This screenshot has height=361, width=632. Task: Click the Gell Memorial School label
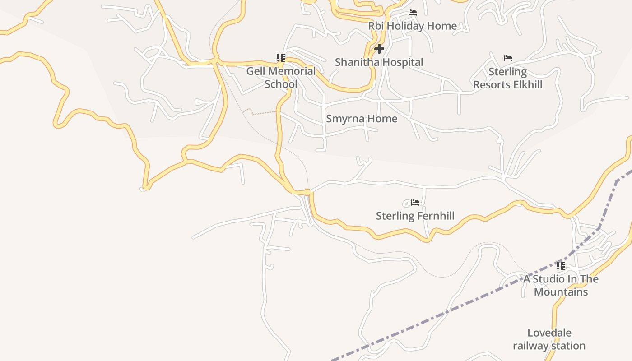281,78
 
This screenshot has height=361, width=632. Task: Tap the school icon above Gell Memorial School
281,58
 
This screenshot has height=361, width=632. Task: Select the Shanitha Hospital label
379,62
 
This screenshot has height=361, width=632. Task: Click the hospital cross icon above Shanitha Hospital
379,49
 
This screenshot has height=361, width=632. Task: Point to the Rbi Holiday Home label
412,26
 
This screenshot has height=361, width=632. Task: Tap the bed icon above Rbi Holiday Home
413,13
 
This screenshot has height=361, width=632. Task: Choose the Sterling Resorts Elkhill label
507,78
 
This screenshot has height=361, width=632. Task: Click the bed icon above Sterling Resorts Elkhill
508,58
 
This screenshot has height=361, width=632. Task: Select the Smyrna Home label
362,119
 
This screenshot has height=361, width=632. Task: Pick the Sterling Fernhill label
415,216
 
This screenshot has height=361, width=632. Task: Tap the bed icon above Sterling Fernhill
415,203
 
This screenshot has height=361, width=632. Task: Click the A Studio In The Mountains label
561,285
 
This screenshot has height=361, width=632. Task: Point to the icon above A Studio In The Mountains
561,265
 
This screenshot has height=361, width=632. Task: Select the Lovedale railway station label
549,339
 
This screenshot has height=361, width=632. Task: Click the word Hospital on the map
401,62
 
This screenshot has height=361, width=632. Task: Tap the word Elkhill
525,85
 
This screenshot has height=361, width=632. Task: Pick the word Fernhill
435,216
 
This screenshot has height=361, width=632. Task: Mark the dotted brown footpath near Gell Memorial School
260,112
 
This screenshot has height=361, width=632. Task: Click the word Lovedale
549,333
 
